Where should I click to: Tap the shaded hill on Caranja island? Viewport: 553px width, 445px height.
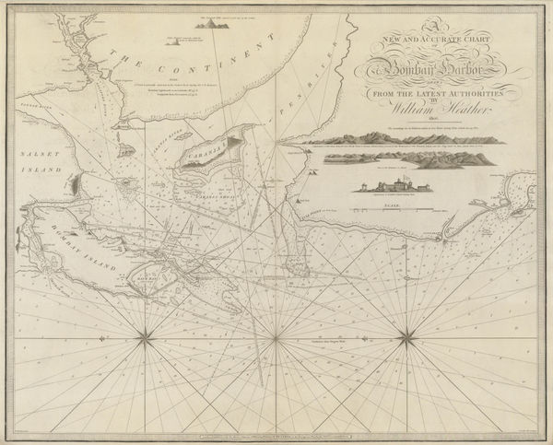click(229, 146)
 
